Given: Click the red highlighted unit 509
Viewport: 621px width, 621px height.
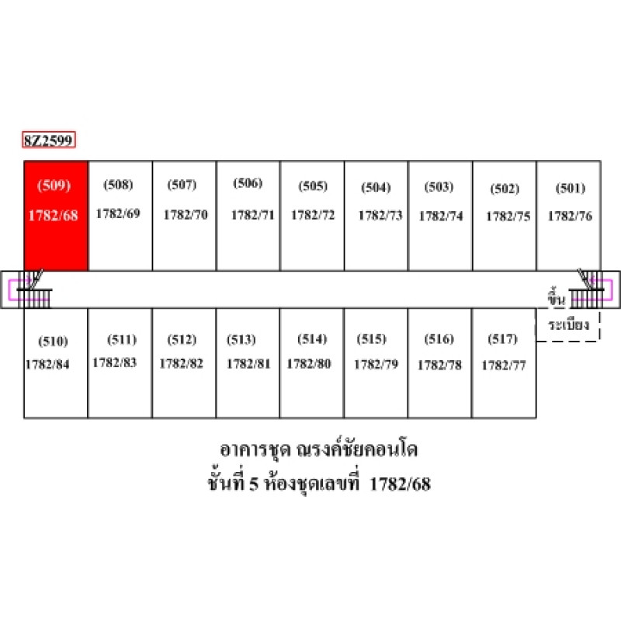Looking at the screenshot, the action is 56,216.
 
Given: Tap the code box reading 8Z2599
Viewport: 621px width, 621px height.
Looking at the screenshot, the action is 49,140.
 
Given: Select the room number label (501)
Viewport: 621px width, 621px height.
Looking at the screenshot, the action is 571,188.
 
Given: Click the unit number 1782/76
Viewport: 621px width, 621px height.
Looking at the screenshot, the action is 570,216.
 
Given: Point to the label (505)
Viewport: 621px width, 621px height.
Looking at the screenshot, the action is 313,186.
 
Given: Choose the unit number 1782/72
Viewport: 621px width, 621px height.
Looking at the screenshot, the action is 313,215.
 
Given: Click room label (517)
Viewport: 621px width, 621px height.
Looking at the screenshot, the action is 502,339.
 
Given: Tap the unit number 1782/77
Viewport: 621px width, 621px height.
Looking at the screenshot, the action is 504,365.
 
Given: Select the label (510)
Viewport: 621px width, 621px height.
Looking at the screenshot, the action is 53,342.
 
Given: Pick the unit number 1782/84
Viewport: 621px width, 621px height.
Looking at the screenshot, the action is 47,364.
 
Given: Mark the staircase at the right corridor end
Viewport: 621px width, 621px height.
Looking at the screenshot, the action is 587,290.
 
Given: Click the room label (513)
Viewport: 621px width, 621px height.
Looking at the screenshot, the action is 241,340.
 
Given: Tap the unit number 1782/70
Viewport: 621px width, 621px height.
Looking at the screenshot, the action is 186,215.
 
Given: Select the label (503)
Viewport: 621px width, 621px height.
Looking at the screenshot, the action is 439,187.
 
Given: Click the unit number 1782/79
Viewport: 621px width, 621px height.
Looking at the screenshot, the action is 376,364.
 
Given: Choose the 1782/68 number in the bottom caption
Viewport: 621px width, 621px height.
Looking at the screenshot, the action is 400,484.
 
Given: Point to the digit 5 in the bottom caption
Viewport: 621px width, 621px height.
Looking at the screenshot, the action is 254,484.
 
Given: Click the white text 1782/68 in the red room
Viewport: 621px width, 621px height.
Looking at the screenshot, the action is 53,216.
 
